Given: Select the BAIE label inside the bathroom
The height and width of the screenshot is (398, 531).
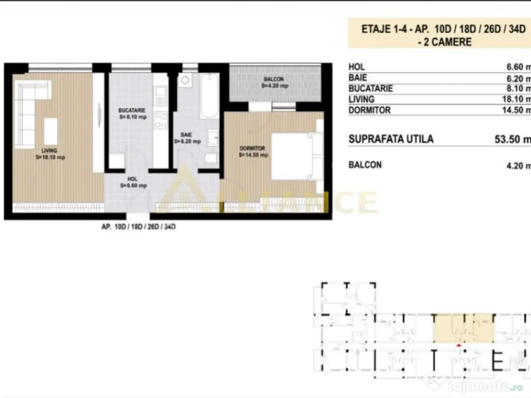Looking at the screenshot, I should coord(187,134).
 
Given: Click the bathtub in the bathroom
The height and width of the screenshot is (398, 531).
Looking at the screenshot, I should coord(210,97).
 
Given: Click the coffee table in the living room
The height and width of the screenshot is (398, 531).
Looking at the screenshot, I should coord(50,132).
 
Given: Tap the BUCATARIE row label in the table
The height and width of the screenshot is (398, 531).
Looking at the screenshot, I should coord(371,89).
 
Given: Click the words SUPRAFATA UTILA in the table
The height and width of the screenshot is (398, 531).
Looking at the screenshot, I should coord(391,139).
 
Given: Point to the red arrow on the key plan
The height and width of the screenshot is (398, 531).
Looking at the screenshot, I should coord(458,344).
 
